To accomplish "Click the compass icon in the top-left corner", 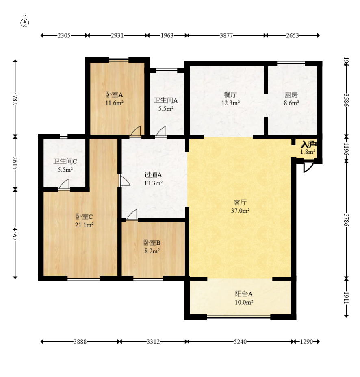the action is (24, 22).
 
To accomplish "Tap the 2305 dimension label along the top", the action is (64, 35).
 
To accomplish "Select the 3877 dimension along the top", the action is (226, 35).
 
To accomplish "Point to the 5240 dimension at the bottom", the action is (240, 342).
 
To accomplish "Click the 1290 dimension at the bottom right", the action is (306, 342).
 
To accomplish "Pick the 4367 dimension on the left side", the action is (15, 234).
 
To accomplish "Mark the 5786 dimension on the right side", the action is (346, 220).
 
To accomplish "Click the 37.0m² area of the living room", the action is (240, 211).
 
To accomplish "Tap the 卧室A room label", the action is (114, 95).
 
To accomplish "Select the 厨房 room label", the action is (291, 95).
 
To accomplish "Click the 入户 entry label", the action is (309, 144).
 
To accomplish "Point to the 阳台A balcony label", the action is (244, 294).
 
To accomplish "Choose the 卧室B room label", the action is (152, 243).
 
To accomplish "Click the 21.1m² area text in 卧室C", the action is (84, 225).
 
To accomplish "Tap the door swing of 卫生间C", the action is (64, 184).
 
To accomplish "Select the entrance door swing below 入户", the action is (309, 167).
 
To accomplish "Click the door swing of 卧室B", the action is (132, 214).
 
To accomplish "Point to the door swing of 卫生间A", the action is (161, 131).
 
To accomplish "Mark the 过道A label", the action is (153, 175).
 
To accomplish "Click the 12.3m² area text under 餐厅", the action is (230, 103).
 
